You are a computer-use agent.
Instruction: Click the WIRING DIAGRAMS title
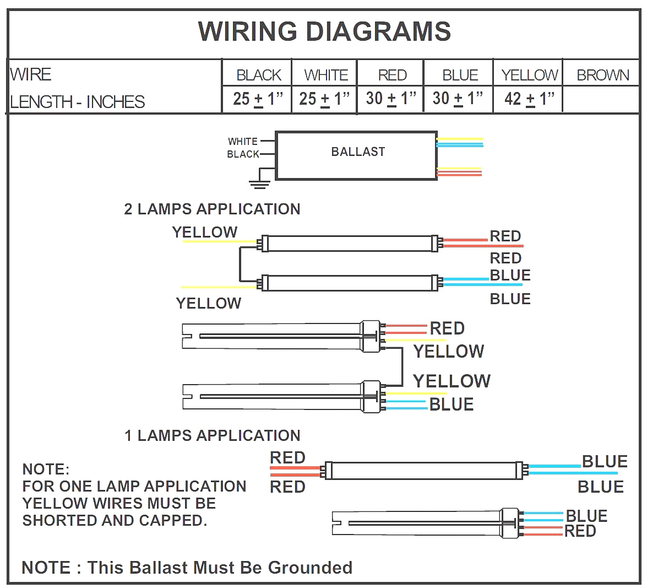click(324, 31)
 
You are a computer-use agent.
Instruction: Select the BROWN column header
click(602, 75)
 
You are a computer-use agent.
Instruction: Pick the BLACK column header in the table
click(258, 75)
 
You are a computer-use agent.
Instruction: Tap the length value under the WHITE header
click(324, 99)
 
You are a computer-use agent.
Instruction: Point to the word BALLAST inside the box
click(358, 152)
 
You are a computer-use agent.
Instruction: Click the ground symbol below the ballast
click(259, 184)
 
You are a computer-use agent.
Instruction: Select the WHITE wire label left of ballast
click(243, 142)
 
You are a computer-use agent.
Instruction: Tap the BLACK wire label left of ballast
click(243, 154)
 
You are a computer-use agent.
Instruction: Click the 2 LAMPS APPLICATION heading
click(212, 209)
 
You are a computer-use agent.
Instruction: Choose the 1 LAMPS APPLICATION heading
click(212, 436)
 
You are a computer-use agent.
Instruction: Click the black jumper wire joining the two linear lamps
click(240, 265)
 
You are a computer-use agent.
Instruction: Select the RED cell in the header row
click(392, 75)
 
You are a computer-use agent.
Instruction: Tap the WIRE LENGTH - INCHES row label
click(77, 88)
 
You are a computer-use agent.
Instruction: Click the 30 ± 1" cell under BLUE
click(458, 99)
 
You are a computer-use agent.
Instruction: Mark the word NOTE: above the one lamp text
click(46, 470)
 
